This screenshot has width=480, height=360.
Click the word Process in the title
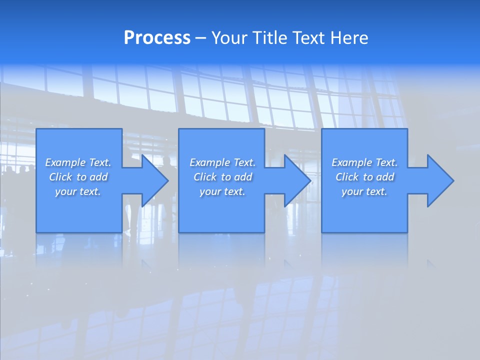157,38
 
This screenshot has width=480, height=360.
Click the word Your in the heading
229,38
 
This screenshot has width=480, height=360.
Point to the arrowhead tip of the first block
168,180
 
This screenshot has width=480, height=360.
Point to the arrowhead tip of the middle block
310,180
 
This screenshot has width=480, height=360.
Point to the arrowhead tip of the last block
453,180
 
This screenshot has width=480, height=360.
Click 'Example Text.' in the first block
78,162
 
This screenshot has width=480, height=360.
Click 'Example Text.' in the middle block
222,162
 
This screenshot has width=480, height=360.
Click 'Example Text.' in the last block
364,162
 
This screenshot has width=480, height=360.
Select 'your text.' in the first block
78,191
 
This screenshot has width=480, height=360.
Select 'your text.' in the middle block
222,191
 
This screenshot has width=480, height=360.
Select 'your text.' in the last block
364,191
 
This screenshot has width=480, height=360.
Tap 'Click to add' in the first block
78,177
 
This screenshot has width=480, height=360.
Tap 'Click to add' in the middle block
222,177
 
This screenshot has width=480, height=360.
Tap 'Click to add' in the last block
364,177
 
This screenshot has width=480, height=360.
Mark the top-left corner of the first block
36,129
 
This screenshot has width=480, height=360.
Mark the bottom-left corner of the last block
321,232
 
